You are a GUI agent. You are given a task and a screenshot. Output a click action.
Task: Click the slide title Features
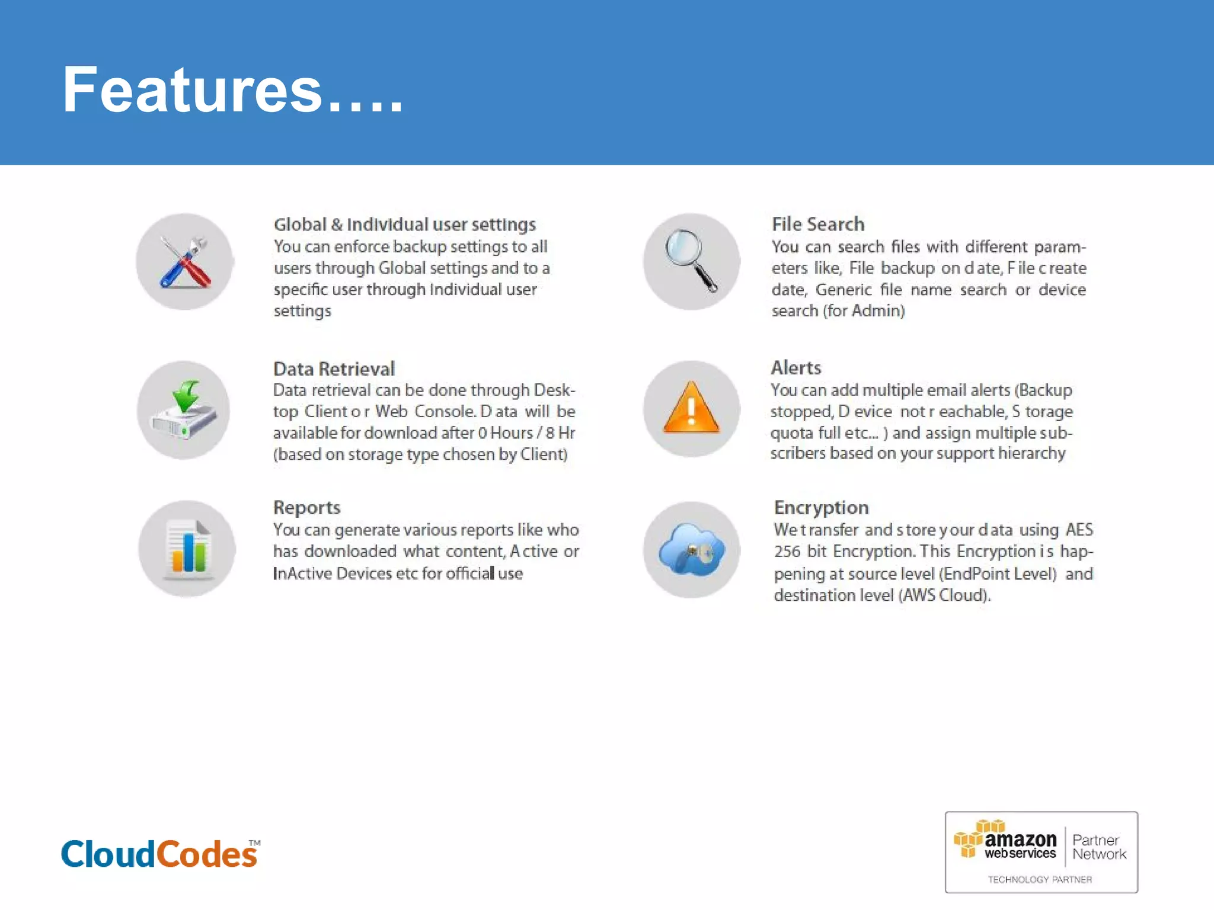(x=232, y=90)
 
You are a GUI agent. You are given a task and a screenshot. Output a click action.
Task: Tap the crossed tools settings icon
(x=184, y=262)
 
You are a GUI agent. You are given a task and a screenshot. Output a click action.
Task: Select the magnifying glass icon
(x=691, y=261)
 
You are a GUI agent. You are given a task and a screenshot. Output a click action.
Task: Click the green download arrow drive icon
(x=184, y=410)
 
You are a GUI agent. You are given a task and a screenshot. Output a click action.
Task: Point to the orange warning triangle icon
(x=691, y=409)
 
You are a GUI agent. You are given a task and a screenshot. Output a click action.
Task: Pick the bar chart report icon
(x=187, y=549)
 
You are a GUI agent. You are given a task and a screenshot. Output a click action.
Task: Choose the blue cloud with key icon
(x=691, y=550)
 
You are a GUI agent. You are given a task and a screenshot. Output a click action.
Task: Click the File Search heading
(x=818, y=225)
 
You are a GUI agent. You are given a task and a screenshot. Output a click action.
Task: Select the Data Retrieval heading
(x=334, y=369)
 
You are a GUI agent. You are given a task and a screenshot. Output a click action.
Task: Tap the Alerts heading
(x=796, y=368)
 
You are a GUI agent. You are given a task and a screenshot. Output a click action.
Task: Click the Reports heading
(x=306, y=508)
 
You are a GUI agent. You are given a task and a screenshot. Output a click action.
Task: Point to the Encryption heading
(x=821, y=508)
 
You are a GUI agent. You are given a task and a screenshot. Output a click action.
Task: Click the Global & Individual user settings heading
(x=404, y=225)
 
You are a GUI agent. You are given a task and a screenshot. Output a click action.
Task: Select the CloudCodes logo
(x=159, y=854)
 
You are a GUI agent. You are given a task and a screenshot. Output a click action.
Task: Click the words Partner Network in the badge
(x=1098, y=847)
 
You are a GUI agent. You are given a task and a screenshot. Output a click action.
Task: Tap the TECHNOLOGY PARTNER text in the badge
(x=1040, y=880)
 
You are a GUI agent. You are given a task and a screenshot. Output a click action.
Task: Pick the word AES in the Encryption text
(x=1079, y=530)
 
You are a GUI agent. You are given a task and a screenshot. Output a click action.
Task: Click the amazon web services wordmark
(x=1020, y=845)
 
